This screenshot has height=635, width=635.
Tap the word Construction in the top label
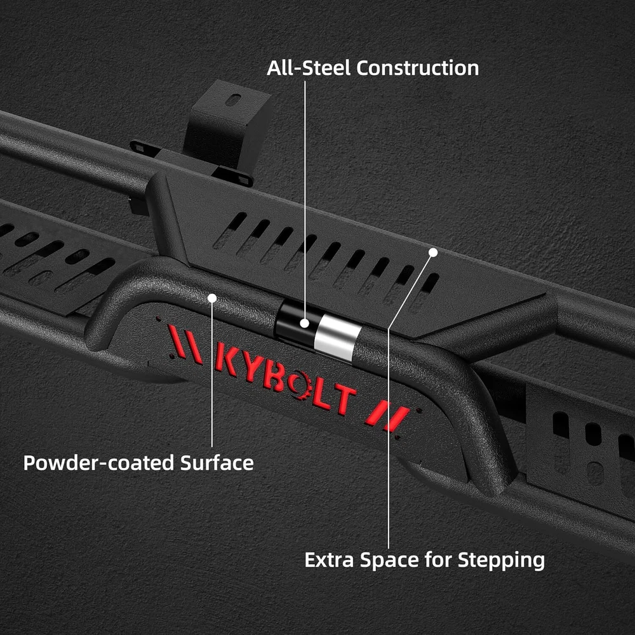click(418, 68)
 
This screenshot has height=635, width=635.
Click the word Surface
click(217, 463)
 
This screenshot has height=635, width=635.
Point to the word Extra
click(329, 561)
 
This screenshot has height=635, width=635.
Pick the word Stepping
click(501, 561)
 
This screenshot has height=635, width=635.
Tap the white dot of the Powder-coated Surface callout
click(212, 298)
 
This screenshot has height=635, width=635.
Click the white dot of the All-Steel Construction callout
click(305, 323)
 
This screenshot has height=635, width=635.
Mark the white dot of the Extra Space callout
click(433, 252)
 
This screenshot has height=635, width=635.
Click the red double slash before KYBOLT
click(185, 344)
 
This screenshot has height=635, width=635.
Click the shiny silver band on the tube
click(337, 338)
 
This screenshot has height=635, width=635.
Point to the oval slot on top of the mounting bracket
click(233, 100)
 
